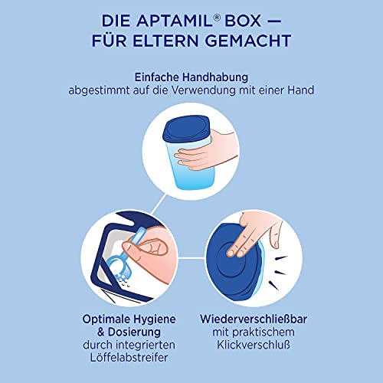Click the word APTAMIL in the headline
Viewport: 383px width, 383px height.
[173, 18]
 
